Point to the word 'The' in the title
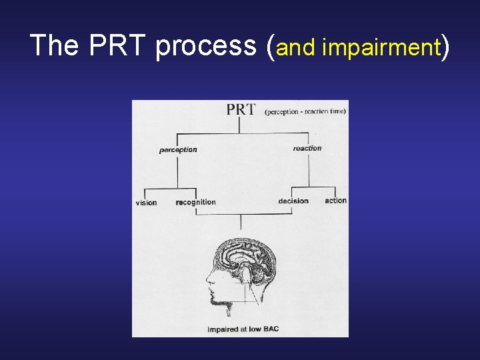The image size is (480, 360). pyautogui.click(x=55, y=45)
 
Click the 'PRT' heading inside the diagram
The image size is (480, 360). pyautogui.click(x=241, y=109)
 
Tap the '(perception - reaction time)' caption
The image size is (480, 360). pyautogui.click(x=305, y=111)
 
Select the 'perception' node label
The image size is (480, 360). pyautogui.click(x=178, y=150)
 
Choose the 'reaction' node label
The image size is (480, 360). pyautogui.click(x=307, y=148)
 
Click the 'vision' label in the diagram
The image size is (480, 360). pyautogui.click(x=146, y=203)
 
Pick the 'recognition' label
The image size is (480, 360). pyautogui.click(x=196, y=202)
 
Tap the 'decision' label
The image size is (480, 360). pyautogui.click(x=293, y=201)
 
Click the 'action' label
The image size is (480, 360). pyautogui.click(x=336, y=201)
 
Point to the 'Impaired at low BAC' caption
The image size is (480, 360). pyautogui.click(x=243, y=329)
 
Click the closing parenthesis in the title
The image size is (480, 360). pyautogui.click(x=445, y=47)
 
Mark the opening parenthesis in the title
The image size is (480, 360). pyautogui.click(x=269, y=47)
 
